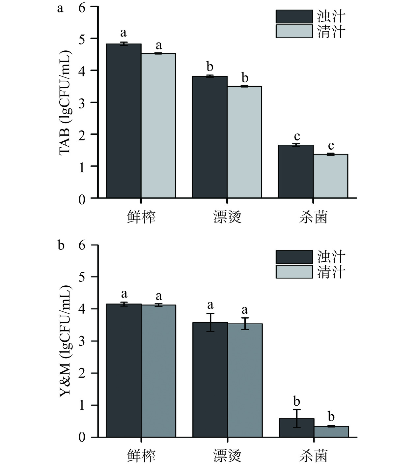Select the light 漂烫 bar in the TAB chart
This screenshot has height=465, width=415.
[244, 142]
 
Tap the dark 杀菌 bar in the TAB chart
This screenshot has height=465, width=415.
[296, 171]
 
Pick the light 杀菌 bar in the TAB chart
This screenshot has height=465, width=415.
[330, 176]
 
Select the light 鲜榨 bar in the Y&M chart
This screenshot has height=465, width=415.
[158, 371]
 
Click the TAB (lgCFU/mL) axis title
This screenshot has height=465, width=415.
[65, 102]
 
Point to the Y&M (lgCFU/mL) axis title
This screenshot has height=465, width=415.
[65, 341]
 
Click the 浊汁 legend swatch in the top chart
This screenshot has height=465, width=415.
[294, 16]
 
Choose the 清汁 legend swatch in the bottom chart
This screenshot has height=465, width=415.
[294, 272]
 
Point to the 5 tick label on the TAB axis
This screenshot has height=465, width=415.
[82, 39]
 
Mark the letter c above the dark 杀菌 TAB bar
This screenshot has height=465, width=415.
[297, 136]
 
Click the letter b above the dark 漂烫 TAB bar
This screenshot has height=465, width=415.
[210, 67]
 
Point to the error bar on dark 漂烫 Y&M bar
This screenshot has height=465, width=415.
[210, 322]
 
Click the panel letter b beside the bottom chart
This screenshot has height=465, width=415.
[61, 246]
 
